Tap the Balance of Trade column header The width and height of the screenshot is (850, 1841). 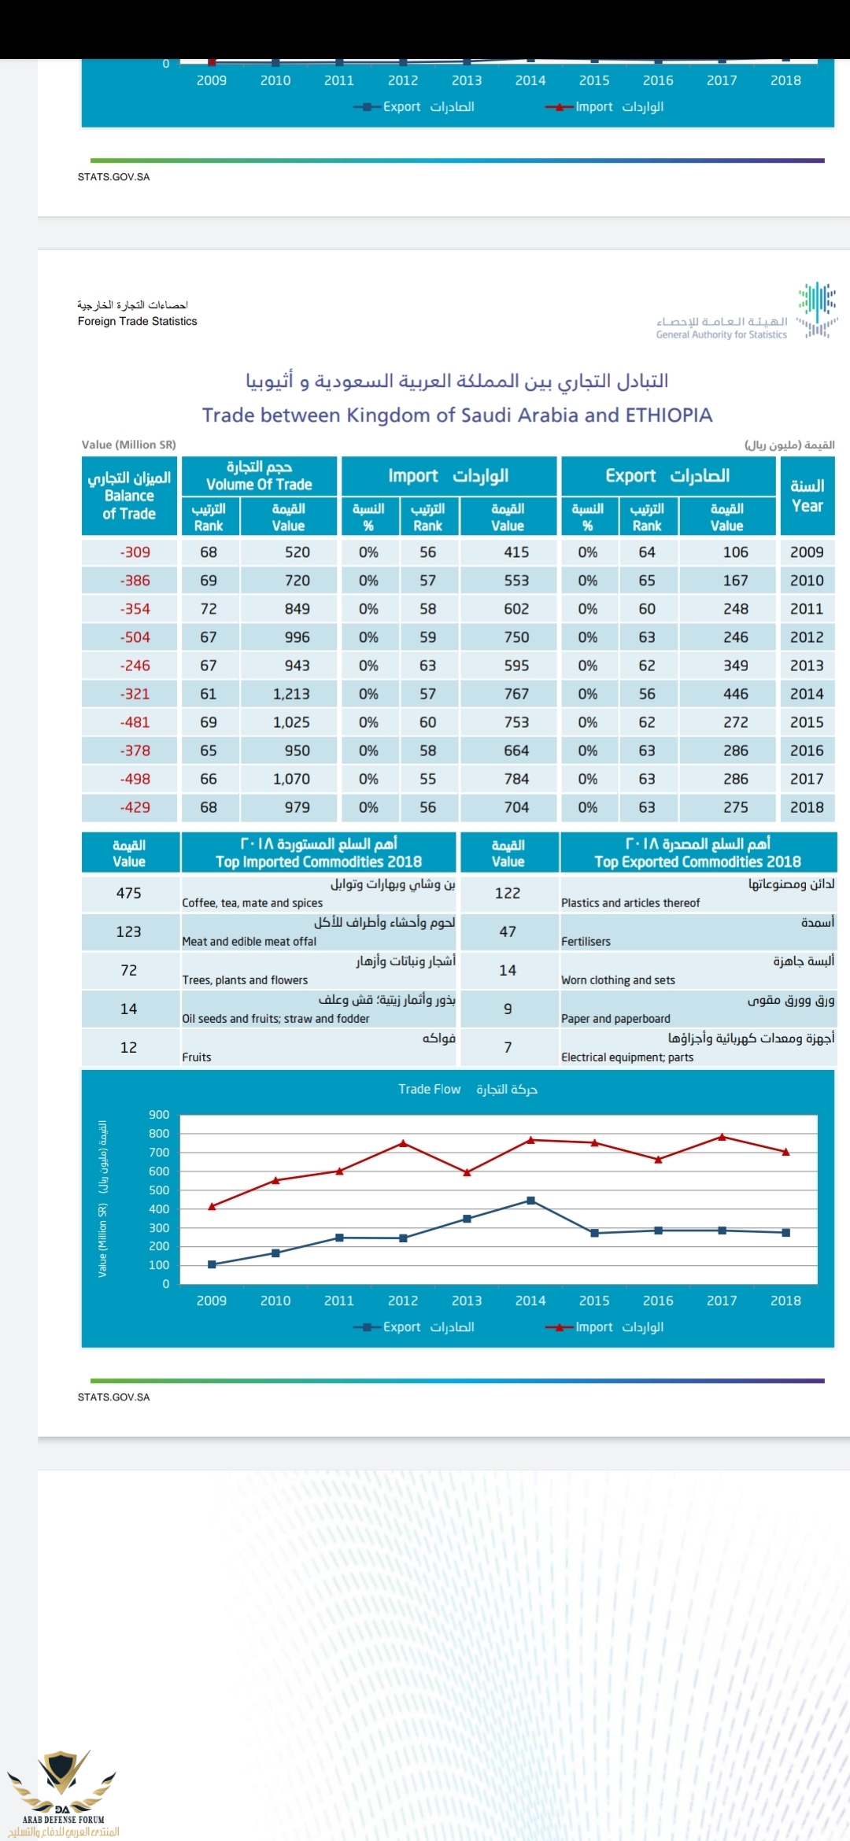click(x=130, y=496)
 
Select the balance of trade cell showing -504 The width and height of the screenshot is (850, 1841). click(x=135, y=637)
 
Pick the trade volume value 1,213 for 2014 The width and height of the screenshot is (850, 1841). click(x=291, y=694)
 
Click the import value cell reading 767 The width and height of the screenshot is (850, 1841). click(x=516, y=694)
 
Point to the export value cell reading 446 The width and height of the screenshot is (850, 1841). click(x=735, y=694)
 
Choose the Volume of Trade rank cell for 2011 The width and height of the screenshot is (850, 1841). click(x=209, y=609)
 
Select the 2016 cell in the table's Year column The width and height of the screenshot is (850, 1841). click(x=807, y=751)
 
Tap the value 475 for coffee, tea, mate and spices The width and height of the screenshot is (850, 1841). click(x=129, y=893)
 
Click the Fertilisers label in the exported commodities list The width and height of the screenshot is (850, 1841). click(x=586, y=942)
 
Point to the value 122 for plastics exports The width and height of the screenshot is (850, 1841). click(x=508, y=893)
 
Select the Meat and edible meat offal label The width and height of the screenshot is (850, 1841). click(x=249, y=942)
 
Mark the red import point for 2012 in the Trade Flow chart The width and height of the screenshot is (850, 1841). click(x=403, y=1143)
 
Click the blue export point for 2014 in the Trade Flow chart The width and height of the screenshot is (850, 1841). click(x=530, y=1201)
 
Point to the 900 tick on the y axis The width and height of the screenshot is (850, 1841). click(x=159, y=1115)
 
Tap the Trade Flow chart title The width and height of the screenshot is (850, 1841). click(x=468, y=1090)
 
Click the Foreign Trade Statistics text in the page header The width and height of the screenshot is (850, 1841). click(x=138, y=322)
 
